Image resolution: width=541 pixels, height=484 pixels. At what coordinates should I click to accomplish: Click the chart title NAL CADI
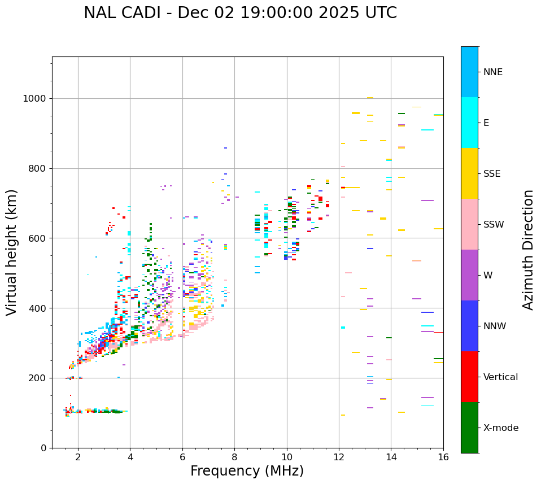(x=240, y=13)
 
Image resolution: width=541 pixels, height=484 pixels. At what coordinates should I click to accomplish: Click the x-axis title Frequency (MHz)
(x=247, y=471)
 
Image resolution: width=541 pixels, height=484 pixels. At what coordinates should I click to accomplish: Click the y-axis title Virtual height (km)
(x=12, y=252)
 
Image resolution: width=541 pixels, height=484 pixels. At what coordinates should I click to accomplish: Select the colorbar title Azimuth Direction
(x=528, y=250)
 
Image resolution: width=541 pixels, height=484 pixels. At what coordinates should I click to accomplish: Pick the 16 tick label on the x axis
(x=443, y=457)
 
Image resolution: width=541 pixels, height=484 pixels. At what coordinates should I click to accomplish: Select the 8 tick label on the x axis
(x=234, y=457)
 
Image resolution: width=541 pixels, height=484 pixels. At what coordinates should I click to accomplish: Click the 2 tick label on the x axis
(x=78, y=457)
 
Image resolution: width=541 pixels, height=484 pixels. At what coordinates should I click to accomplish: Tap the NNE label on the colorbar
(x=492, y=72)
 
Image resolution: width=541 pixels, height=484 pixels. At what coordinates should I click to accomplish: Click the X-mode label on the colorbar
(x=501, y=428)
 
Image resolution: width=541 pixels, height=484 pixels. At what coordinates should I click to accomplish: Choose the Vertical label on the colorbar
(x=500, y=377)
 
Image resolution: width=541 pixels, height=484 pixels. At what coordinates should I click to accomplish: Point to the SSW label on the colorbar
(x=494, y=224)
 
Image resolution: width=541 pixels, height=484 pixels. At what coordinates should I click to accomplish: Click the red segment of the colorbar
(x=469, y=377)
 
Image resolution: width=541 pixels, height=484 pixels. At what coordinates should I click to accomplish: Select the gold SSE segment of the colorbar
(x=469, y=173)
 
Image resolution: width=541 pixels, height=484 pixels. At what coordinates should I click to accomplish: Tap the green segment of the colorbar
(x=469, y=428)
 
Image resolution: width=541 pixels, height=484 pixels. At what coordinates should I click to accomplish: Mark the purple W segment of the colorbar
(x=469, y=275)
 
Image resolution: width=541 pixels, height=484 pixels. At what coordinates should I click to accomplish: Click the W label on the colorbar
(x=487, y=275)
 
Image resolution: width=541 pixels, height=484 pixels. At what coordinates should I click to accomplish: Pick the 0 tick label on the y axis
(x=43, y=448)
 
